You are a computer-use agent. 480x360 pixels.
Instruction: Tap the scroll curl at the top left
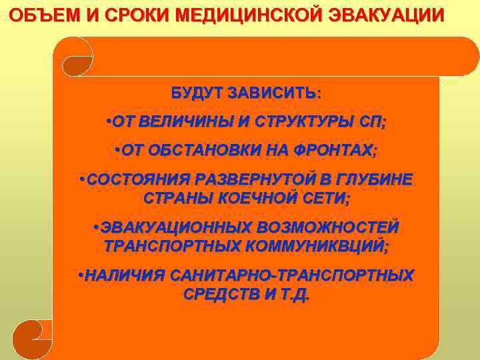point(76,57)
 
